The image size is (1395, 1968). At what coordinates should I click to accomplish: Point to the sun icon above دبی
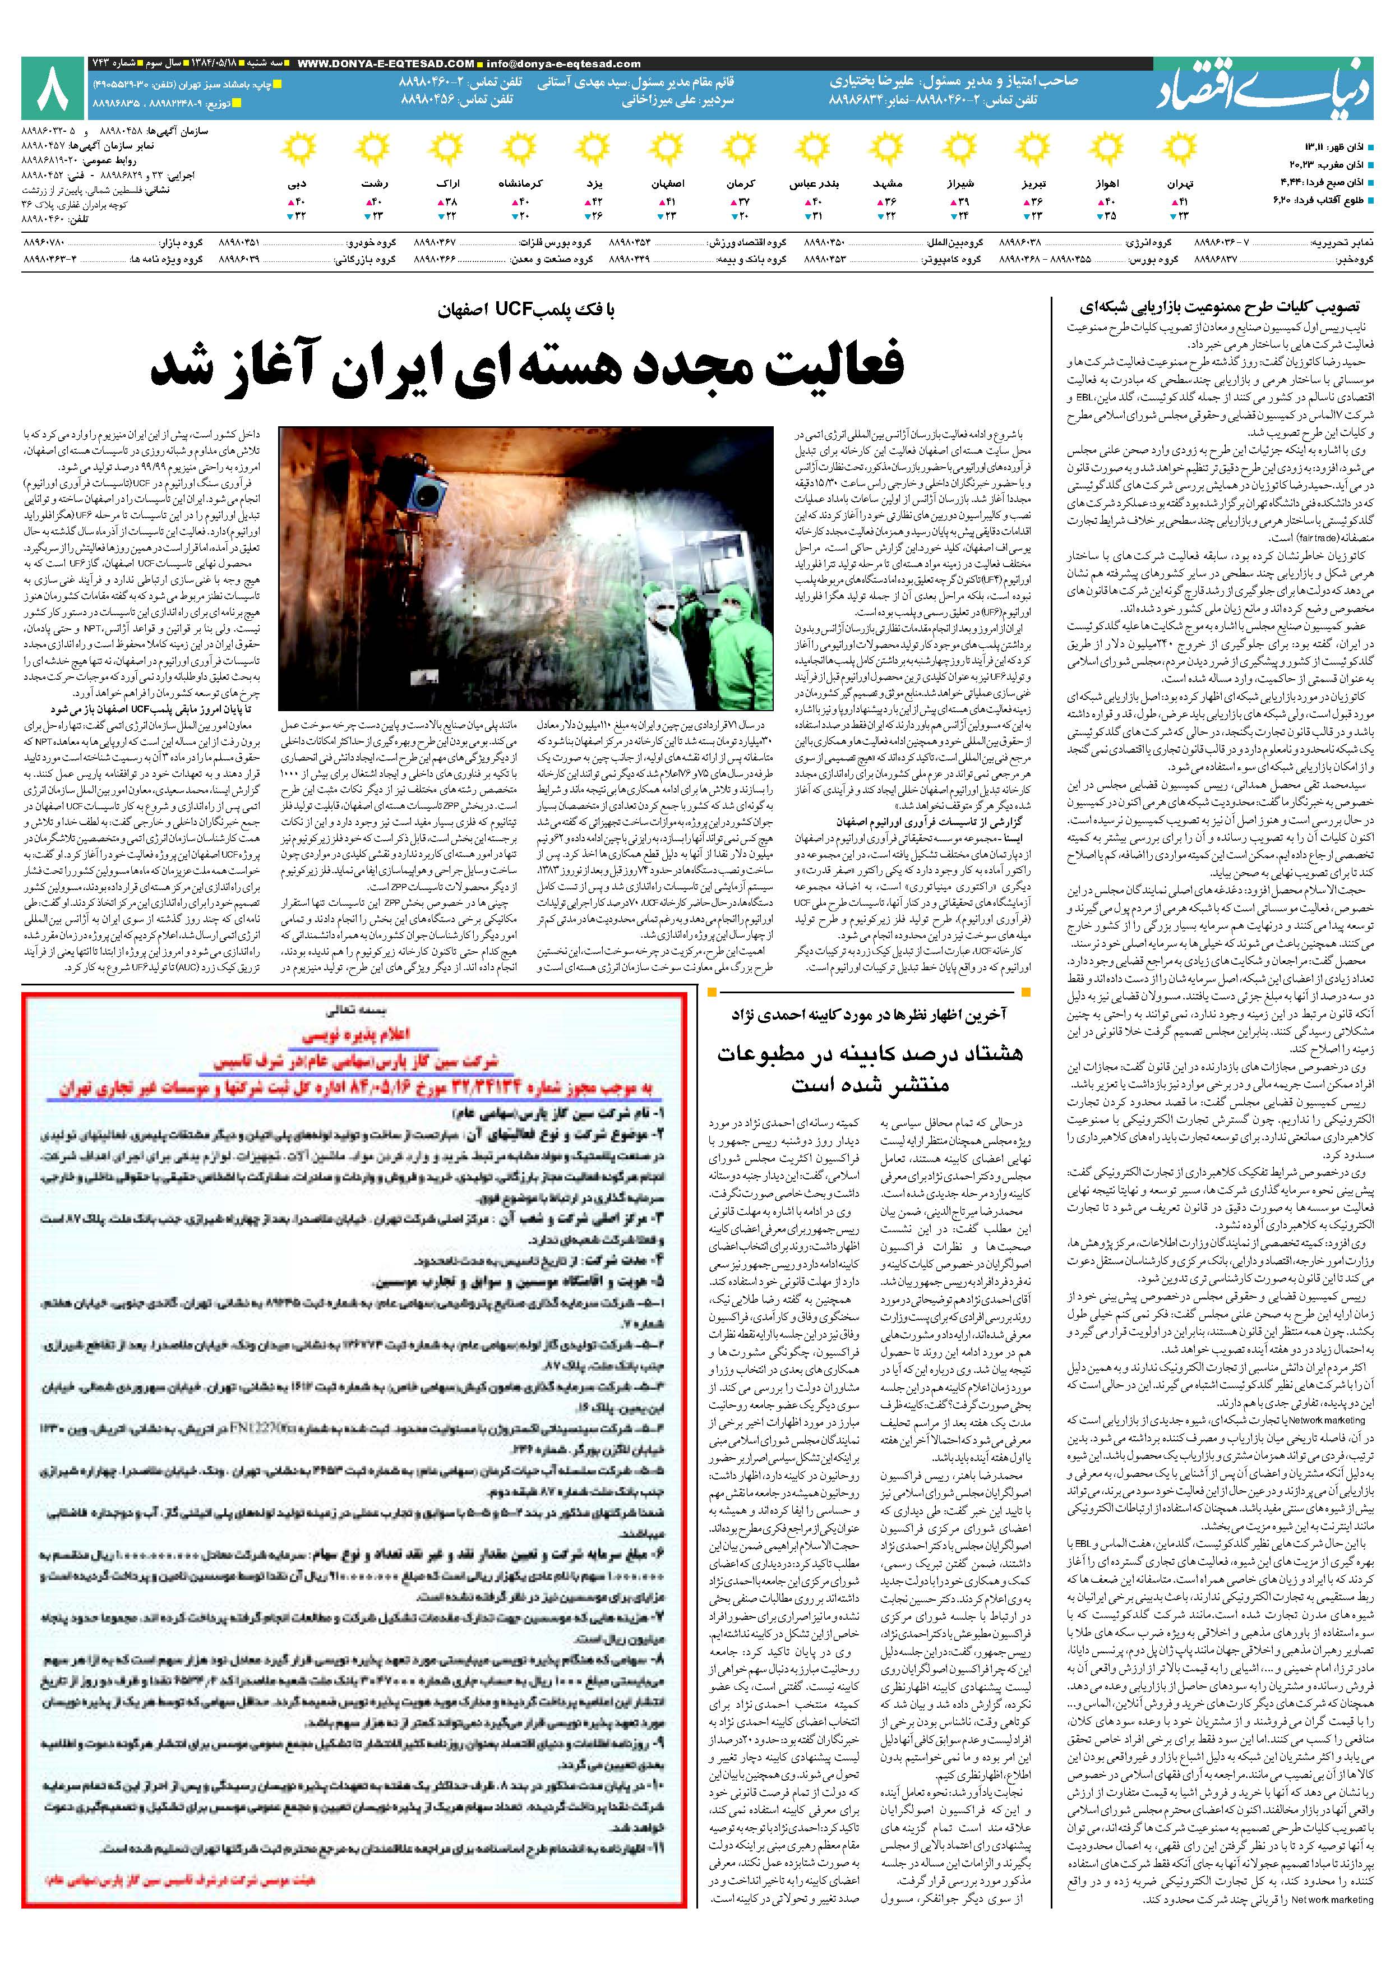[298, 150]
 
